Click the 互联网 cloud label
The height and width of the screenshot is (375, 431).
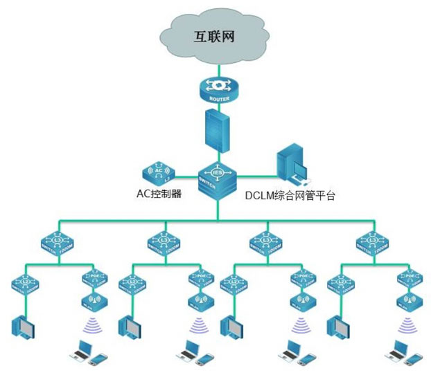coord(213,37)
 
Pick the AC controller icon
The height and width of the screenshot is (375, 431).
coord(158,171)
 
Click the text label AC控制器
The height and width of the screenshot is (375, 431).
coord(158,194)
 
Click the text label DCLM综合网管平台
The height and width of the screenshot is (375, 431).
coord(290,196)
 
